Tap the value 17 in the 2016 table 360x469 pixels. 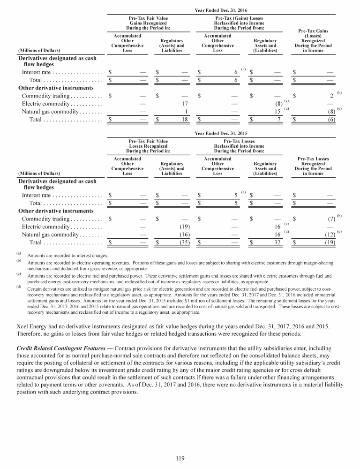(x=185, y=103)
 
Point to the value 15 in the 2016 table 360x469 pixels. (x=277, y=112)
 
